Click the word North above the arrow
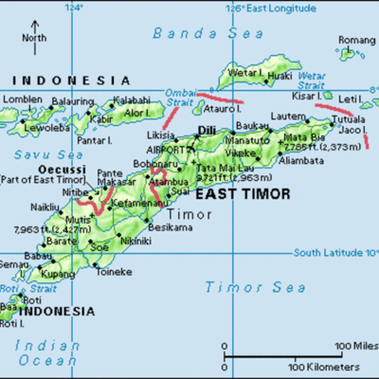coord(35,38)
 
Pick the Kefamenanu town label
coord(138,204)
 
